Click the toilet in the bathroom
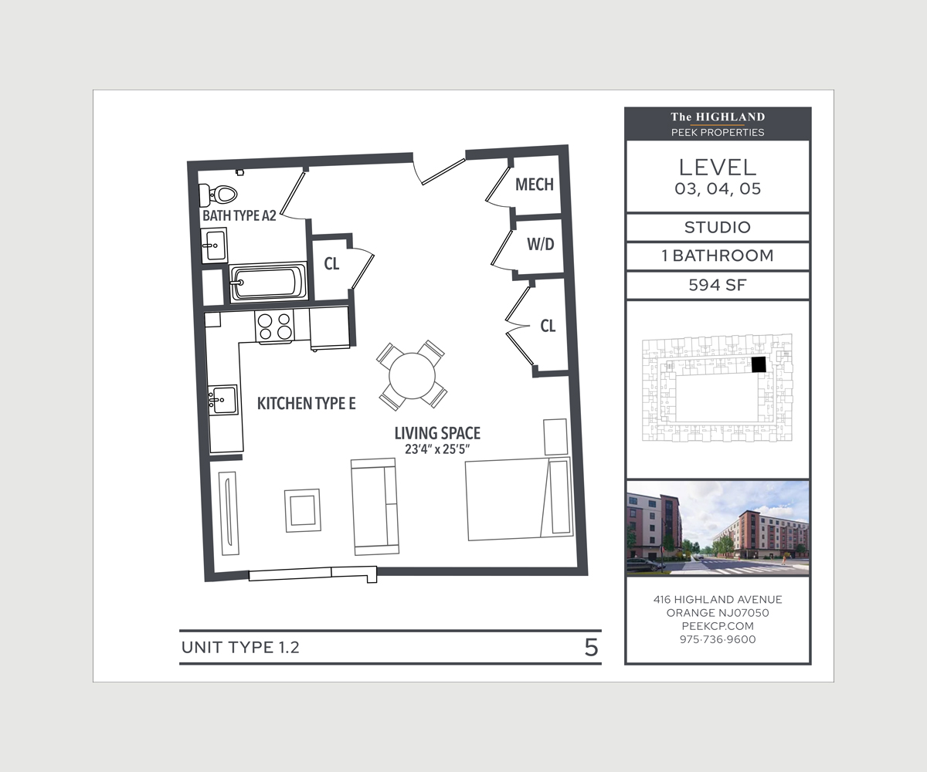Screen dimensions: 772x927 coord(224,193)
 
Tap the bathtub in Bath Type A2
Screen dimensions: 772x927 coord(267,283)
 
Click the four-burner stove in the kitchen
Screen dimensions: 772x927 coord(275,326)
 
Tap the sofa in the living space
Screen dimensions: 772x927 coord(375,506)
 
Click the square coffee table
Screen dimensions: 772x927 coord(302,510)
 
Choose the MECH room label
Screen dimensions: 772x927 coord(535,185)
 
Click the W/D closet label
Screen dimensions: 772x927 coord(541,245)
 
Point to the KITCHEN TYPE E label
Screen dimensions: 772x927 coord(306,403)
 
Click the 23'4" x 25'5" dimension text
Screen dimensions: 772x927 coord(437,450)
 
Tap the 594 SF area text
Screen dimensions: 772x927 coord(717,286)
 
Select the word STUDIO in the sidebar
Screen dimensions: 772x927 coord(717,228)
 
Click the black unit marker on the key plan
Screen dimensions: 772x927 coord(759,364)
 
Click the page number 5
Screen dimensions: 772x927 coord(591,648)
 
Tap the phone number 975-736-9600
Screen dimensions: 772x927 coord(717,639)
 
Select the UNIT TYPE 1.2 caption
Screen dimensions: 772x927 coord(240,648)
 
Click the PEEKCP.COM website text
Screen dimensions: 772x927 coord(717,626)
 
